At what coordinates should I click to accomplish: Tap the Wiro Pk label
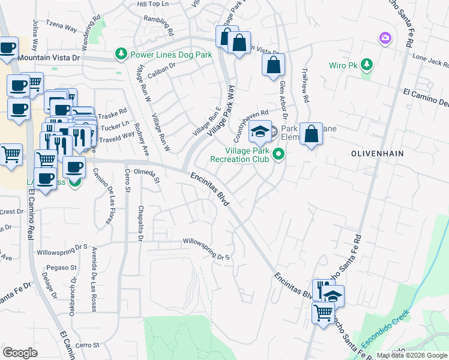[343, 65]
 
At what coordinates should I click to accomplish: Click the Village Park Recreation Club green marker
[278, 155]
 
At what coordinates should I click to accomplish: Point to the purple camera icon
[385, 39]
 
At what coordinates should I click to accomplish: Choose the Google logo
[20, 353]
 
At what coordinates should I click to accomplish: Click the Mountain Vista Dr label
[49, 58]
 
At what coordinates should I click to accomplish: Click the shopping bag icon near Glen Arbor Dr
[273, 66]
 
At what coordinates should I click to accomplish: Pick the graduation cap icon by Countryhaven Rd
[261, 130]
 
